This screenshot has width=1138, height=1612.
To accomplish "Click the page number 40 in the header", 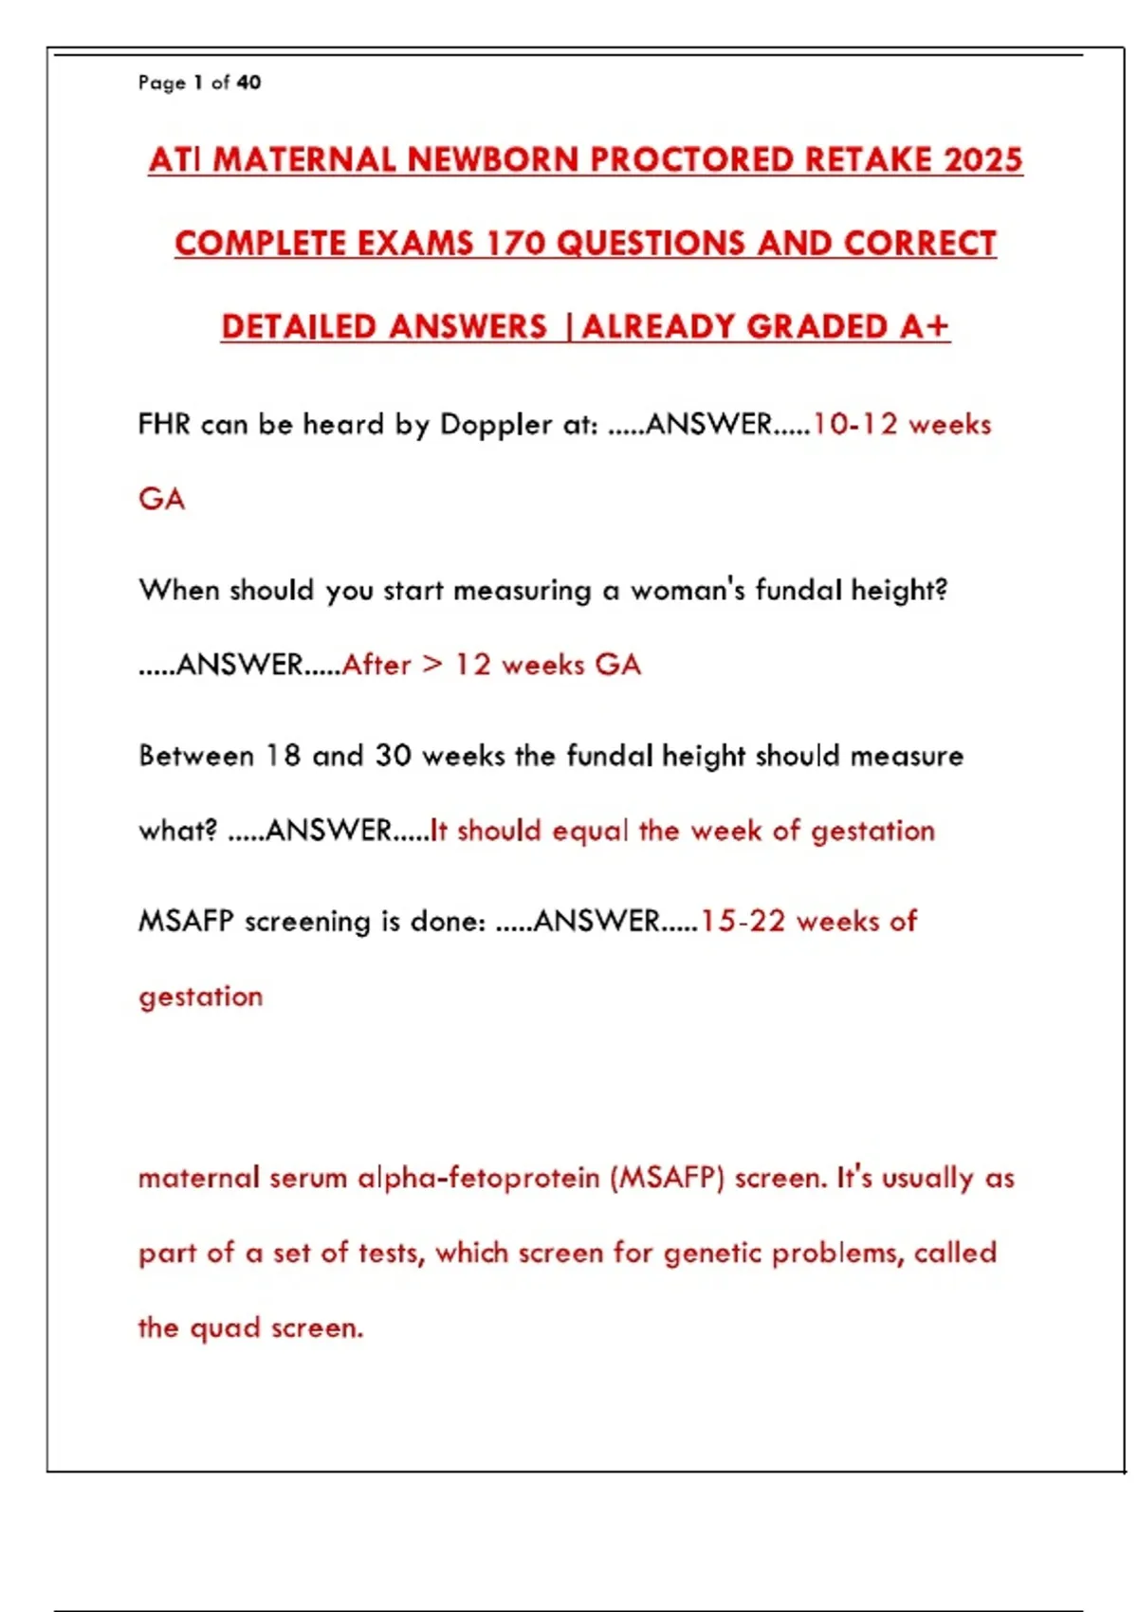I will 248,82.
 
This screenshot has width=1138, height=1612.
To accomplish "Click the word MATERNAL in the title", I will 304,160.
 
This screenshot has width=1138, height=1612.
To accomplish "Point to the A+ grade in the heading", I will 924,327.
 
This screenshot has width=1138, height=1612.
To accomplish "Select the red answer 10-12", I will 854,424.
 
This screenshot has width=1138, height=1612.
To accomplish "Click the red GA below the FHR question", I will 161,499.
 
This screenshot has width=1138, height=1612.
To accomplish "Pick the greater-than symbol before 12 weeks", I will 432,664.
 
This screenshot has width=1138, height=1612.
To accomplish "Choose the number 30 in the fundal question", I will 393,756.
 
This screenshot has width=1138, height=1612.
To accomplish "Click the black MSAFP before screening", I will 186,921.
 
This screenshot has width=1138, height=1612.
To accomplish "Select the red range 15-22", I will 743,921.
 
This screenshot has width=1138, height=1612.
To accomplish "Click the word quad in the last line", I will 225,1328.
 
